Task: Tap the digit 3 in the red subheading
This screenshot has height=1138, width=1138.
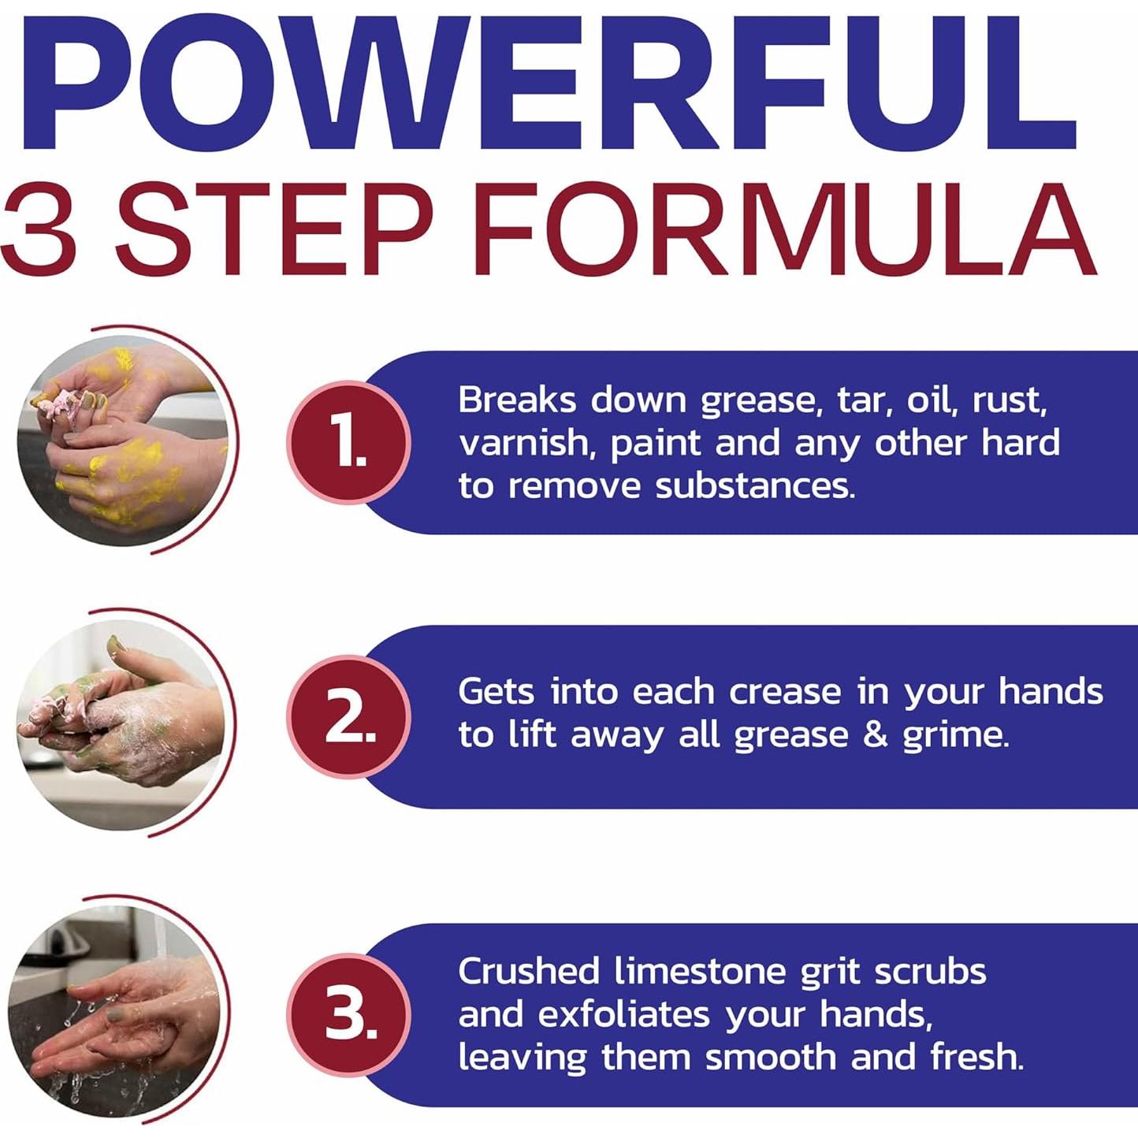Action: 39,229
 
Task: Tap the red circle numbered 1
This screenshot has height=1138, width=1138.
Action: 349,442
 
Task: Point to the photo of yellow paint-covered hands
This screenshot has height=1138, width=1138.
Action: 122,441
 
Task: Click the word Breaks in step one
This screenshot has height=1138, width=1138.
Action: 517,400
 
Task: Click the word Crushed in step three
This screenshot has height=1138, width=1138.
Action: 529,972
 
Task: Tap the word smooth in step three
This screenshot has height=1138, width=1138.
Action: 771,1057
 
